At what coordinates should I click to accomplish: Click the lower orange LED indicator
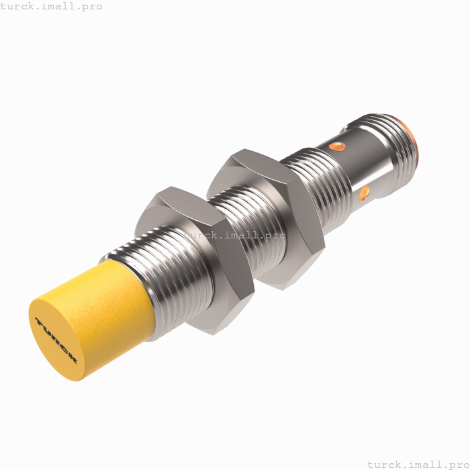tap(364, 194)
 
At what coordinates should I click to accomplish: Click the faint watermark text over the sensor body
tap(235, 236)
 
